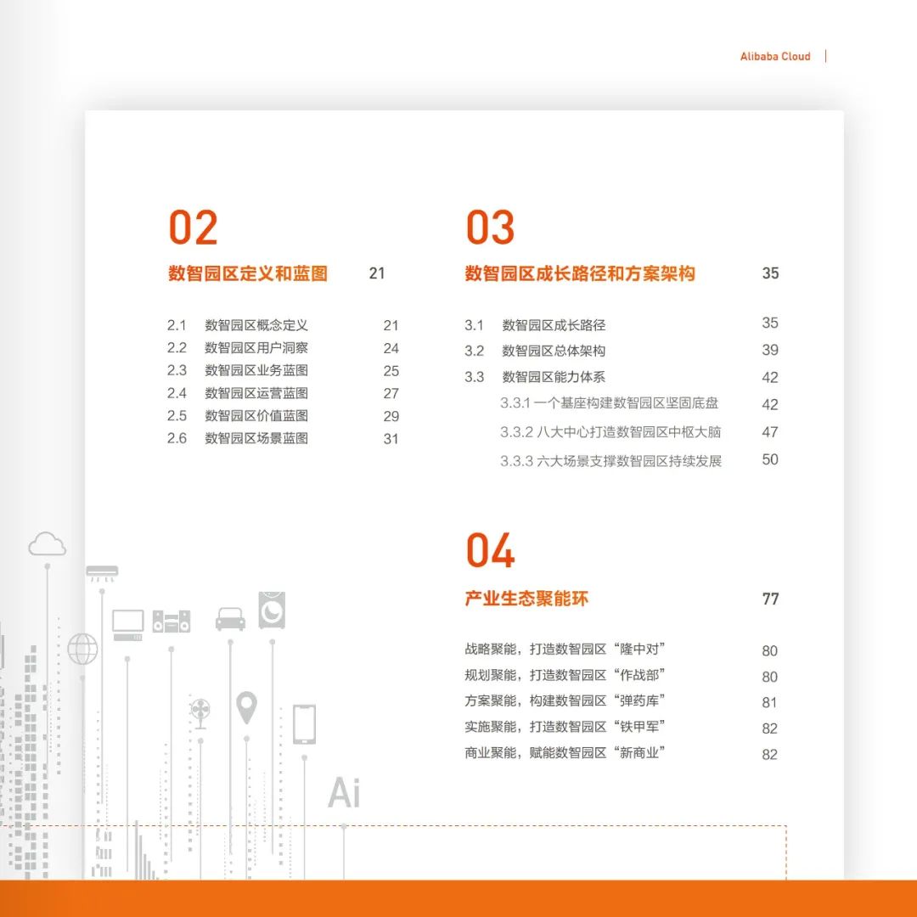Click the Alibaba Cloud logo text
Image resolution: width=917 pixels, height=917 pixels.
[775, 56]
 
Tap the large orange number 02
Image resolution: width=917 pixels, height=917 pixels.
[193, 228]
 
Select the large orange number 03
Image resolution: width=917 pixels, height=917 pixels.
[490, 228]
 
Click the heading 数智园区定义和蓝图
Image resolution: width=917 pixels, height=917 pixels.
[247, 273]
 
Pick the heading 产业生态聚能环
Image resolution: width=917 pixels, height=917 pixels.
[526, 599]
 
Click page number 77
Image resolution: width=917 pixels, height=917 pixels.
[770, 599]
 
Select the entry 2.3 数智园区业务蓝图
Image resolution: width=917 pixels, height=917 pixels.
[238, 370]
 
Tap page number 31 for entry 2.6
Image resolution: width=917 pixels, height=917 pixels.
[391, 439]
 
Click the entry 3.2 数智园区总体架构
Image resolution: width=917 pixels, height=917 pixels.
[535, 351]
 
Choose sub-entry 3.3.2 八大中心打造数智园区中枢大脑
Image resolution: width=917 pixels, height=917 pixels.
[610, 431]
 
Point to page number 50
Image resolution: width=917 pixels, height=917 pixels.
[769, 459]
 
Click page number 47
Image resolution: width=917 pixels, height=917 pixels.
[769, 431]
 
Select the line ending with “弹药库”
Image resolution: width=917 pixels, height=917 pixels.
[565, 700]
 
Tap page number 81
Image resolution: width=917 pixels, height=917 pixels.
[769, 702]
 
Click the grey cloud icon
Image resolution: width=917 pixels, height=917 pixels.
[48, 544]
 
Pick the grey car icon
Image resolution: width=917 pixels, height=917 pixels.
[230, 618]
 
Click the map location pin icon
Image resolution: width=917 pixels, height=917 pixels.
[247, 706]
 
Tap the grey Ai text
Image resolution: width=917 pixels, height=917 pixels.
[344, 792]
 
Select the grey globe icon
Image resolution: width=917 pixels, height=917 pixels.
[82, 649]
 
